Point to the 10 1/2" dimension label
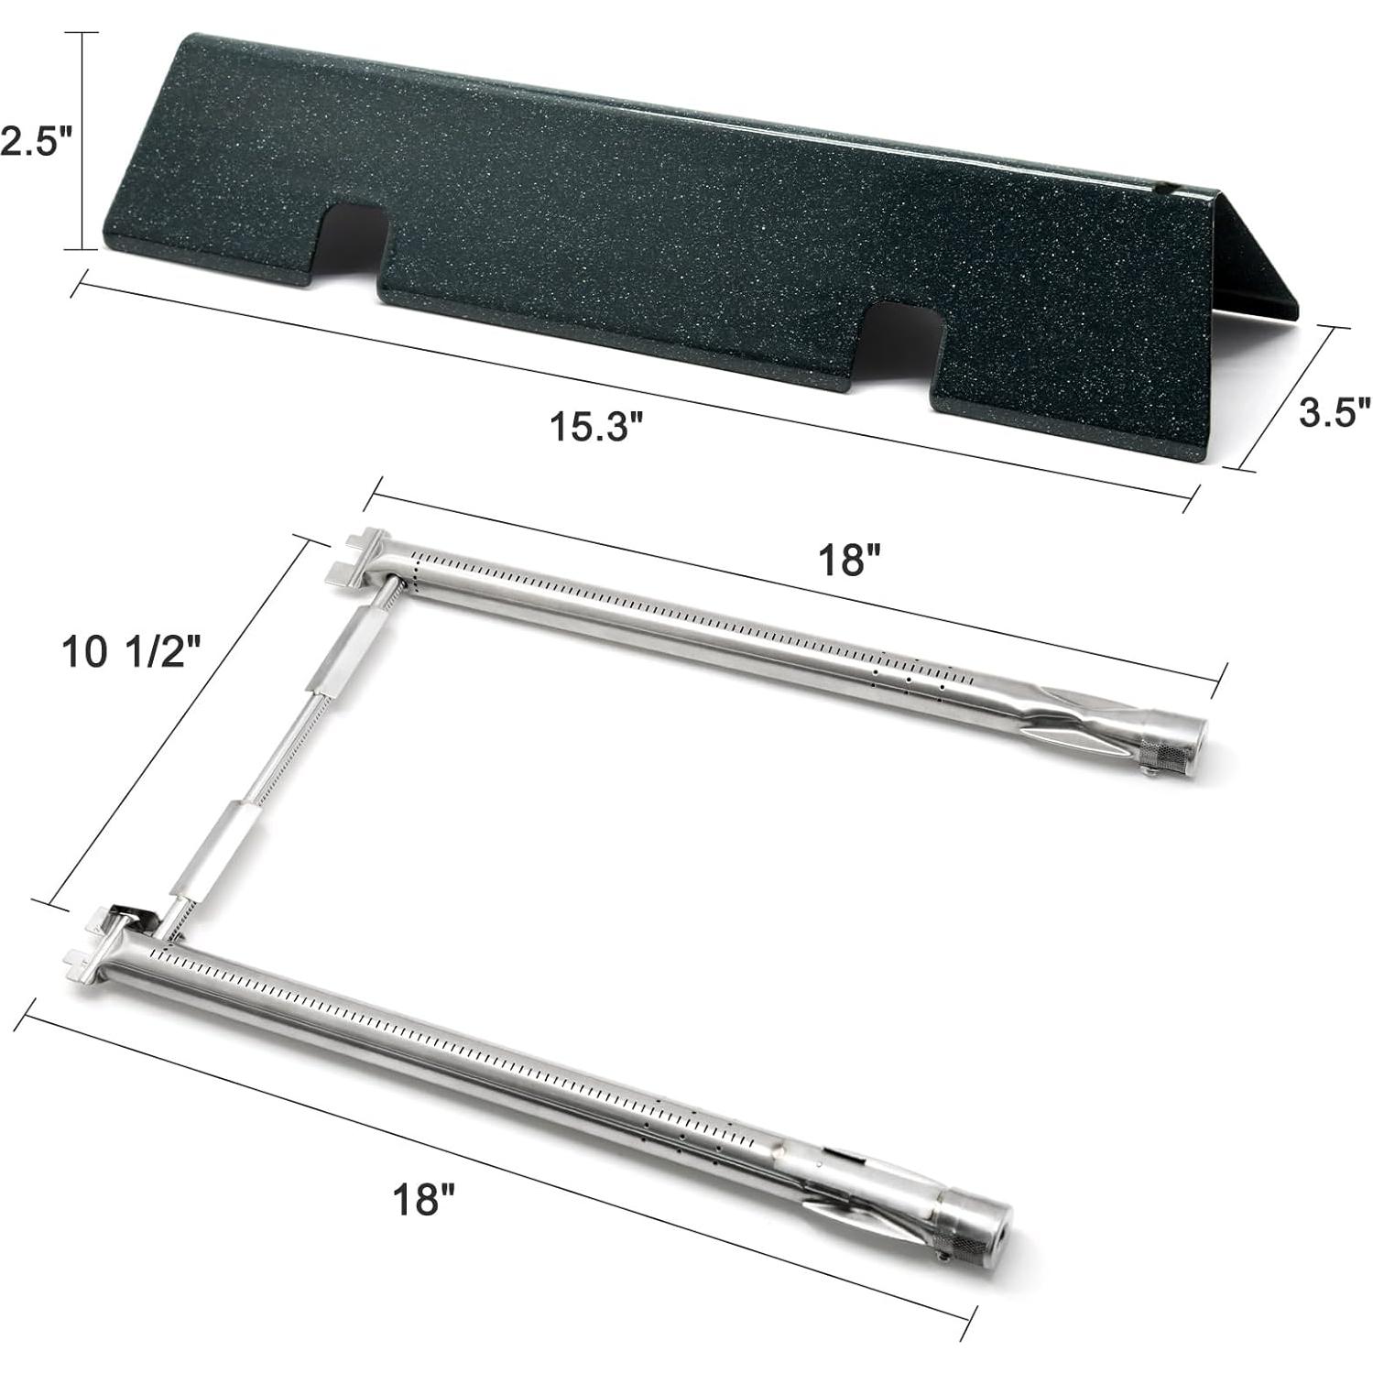tap(129, 654)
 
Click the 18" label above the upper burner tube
tap(849, 559)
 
